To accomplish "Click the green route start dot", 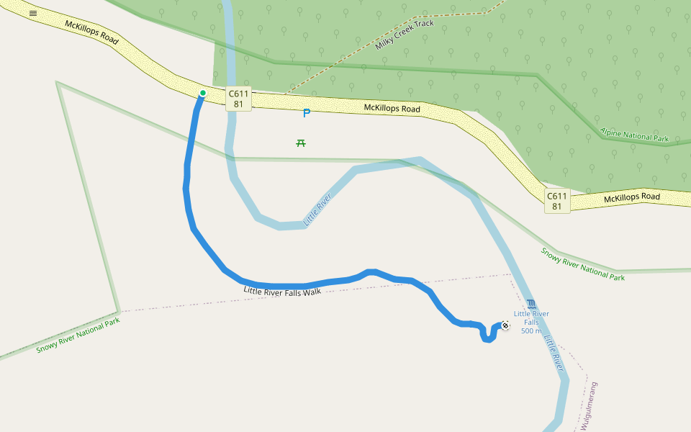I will coord(203,93).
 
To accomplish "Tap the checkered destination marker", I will coord(505,326).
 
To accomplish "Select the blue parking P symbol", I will coord(306,113).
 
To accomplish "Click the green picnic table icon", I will coord(301,143).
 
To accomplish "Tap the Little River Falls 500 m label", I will coord(531,322).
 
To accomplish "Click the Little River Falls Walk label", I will coord(282,292).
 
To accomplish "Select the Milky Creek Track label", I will coord(405,35).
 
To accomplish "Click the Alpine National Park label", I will coord(634,134).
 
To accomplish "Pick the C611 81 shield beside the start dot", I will coord(238,99).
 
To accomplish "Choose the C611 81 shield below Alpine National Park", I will coord(556,201).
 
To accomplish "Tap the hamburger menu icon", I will coord(33,13).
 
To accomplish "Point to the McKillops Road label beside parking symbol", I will coord(392,109).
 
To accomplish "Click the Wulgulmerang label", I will coord(590,406).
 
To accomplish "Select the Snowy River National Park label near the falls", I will coord(582,264).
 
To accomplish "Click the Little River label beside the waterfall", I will coord(553,348).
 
